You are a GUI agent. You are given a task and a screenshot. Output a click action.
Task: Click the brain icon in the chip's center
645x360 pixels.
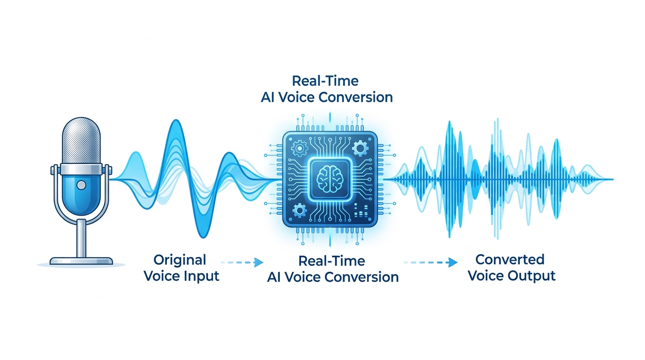tap(330, 179)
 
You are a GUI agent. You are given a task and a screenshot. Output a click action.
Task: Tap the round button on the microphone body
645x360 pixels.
tap(81, 185)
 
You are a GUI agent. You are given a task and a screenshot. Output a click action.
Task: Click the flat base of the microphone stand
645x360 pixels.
tap(81, 261)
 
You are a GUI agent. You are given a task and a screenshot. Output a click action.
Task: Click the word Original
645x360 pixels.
tap(180, 261)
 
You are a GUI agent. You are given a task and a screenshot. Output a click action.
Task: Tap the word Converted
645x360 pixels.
tap(510, 260)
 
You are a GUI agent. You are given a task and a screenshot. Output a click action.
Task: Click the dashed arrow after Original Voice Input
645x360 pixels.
tap(242, 262)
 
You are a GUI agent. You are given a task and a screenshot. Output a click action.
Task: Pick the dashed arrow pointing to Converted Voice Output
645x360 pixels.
tap(430, 262)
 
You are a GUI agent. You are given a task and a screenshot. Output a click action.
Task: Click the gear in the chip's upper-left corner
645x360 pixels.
tap(300, 148)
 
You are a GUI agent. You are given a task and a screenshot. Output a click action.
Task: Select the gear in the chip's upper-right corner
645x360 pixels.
tap(360, 148)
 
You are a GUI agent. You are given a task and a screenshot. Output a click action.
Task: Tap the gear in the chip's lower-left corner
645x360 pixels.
tap(300, 210)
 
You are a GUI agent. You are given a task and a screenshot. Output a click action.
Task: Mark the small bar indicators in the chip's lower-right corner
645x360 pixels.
tap(361, 210)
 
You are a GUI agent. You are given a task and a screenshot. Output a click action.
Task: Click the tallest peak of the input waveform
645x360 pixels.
tap(176, 120)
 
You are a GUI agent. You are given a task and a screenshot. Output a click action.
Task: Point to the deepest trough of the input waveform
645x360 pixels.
tap(203, 237)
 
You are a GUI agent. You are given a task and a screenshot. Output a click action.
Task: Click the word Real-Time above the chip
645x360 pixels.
tap(325, 81)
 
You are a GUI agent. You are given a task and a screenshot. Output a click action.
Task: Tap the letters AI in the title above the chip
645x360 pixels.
tap(268, 97)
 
